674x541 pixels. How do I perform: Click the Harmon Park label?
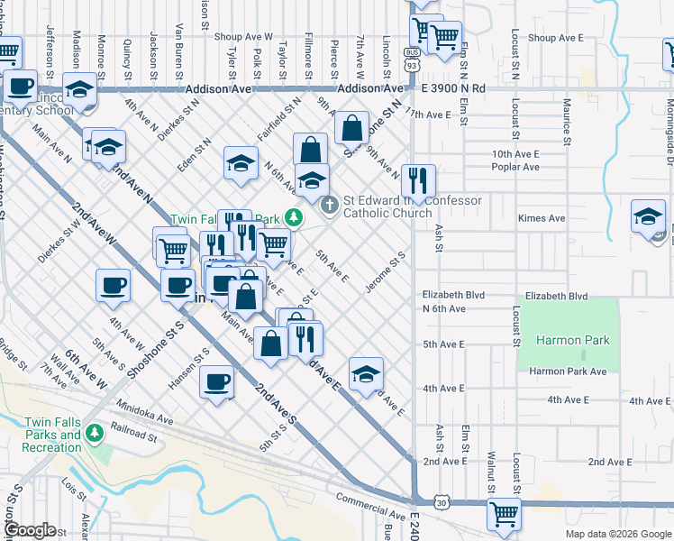(571, 340)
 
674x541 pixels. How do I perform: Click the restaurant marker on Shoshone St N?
(420, 179)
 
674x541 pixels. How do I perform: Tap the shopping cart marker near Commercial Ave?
(504, 514)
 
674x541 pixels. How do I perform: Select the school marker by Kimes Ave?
(647, 216)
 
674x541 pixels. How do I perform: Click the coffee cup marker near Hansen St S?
(216, 381)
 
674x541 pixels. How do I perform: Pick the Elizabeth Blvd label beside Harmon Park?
(556, 296)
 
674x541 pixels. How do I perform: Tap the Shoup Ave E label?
(554, 38)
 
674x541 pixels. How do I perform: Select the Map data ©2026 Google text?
(617, 534)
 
